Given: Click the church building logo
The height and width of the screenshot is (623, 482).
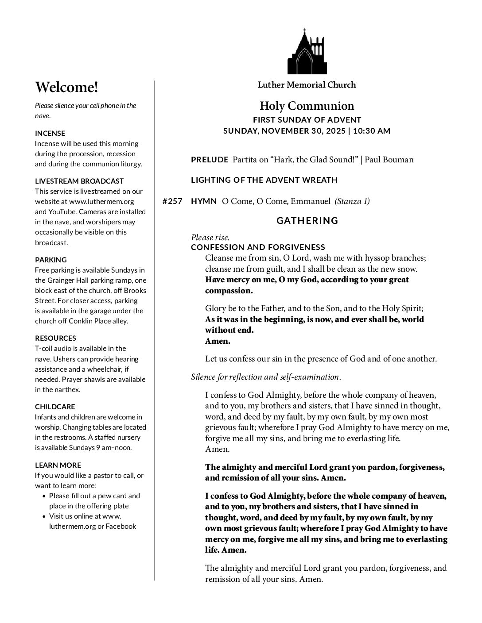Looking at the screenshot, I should click(307, 52).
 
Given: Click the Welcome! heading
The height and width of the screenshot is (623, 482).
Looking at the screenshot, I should click(66, 87).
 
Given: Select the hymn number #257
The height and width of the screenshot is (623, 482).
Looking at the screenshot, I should click(172, 201).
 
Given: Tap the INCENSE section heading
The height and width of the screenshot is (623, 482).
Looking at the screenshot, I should click(50, 133).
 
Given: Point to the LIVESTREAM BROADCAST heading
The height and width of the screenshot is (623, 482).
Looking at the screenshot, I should click(79, 181).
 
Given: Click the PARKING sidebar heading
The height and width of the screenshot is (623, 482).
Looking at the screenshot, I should click(51, 260).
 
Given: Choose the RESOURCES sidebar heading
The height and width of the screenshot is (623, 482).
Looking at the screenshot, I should click(55, 338).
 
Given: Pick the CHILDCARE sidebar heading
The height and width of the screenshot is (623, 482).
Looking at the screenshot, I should click(55, 407).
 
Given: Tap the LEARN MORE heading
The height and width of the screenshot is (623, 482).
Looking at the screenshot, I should click(58, 465).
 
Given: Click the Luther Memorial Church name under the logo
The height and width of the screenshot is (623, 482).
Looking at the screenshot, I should click(307, 85).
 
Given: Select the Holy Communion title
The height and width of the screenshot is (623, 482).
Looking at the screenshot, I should click(307, 106).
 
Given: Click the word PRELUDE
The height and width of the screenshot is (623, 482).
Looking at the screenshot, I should click(210, 160).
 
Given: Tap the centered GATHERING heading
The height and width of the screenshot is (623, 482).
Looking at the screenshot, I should click(307, 220).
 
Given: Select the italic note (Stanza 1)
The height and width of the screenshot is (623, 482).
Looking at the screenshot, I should click(352, 201).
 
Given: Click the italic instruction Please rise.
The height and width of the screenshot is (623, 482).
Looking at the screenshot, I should click(210, 238).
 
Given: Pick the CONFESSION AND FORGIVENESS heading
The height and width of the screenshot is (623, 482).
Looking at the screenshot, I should click(258, 247).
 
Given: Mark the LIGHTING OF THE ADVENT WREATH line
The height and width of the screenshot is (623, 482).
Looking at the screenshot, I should click(264, 180).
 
